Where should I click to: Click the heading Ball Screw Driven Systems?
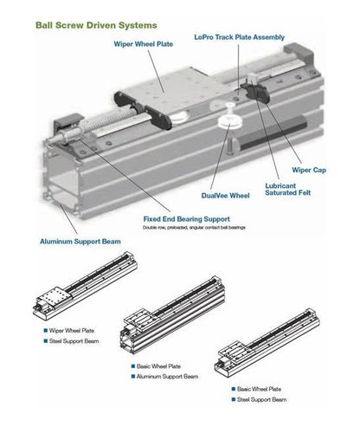coord(96,25)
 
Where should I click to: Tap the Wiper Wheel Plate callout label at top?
coord(144,44)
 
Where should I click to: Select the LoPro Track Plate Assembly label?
coord(240,37)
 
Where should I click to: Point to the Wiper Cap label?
coord(309,170)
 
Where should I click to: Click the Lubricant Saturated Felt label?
coord(288,190)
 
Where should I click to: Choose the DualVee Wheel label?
coord(225,196)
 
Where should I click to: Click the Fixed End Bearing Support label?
coord(187,219)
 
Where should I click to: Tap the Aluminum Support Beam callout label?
coord(80,242)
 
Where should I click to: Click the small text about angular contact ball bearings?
coord(194,228)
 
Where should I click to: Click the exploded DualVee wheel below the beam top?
coord(229,120)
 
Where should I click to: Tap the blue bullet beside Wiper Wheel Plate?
coord(46,331)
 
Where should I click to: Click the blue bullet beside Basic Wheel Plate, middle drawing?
coord(133,366)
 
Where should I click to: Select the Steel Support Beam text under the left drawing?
coord(74,341)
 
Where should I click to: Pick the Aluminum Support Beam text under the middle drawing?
coord(167,377)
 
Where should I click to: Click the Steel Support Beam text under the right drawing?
coord(261,400)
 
